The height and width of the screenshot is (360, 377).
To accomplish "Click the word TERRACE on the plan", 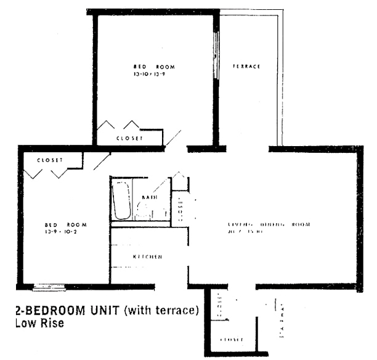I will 246,67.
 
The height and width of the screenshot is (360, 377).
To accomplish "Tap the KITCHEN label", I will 148,256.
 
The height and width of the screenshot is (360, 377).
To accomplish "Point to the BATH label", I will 150,197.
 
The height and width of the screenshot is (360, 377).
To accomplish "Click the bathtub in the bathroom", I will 120,200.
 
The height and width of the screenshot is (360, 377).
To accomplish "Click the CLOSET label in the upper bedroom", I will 129,139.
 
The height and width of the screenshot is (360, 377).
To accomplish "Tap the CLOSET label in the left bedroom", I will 50,160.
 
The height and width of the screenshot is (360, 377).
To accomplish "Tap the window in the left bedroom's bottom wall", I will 45,287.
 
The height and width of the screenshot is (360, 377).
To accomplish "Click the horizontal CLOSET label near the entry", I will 232,340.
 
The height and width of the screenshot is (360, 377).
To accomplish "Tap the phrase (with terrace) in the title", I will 161,310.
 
